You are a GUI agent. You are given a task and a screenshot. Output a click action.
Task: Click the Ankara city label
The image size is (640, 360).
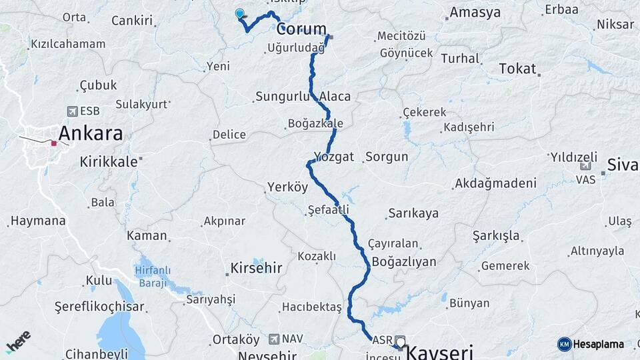[91, 133]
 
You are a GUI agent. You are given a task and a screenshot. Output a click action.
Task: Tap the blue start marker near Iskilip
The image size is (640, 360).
[240, 13]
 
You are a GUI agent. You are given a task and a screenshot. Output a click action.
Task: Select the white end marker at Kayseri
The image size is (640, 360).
[401, 343]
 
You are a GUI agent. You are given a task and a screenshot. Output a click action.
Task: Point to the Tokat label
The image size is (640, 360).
[518, 69]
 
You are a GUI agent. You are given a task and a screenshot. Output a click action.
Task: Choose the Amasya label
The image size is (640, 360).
[475, 13]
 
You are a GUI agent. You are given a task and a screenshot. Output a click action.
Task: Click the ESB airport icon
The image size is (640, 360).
[72, 111]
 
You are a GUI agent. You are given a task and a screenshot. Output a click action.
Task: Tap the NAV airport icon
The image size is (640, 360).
[274, 339]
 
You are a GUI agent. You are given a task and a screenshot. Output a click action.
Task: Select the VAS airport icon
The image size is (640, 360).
[585, 167]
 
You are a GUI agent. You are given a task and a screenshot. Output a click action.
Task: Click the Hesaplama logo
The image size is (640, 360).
[591, 344]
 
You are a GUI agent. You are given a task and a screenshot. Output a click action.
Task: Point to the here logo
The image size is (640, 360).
[18, 342]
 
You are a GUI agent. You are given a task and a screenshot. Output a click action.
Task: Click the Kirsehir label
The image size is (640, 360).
[256, 268]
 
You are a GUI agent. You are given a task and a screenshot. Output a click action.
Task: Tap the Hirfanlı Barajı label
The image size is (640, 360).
[153, 275]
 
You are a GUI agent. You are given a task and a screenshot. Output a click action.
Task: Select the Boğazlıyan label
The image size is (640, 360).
[404, 261]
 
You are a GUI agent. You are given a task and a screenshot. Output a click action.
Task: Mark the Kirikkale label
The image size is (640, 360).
[109, 161]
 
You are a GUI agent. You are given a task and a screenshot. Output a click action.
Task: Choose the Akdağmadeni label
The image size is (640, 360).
[495, 183]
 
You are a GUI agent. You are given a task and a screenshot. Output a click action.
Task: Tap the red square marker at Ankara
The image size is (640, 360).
[53, 143]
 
